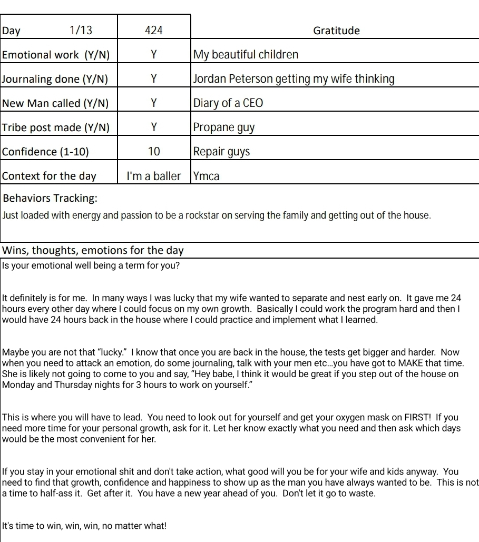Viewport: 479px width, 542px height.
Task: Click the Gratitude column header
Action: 336,31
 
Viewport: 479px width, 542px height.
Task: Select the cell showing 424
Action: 153,31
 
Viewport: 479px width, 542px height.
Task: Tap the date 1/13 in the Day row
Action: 81,31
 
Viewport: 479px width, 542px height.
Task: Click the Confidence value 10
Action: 153,152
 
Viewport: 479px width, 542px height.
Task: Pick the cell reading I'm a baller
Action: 153,176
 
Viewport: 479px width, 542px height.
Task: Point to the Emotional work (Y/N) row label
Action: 59,55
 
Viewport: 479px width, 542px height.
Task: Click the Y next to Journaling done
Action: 153,79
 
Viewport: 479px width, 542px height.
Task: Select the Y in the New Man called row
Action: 153,103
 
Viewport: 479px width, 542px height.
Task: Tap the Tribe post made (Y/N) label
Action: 56,127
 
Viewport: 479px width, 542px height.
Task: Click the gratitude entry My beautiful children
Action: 246,55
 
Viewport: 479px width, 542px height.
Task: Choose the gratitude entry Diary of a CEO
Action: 228,103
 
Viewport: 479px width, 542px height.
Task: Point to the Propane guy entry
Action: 224,127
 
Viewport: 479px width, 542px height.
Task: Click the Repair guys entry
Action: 221,152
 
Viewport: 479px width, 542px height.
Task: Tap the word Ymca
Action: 206,176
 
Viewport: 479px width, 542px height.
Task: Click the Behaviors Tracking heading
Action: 50,199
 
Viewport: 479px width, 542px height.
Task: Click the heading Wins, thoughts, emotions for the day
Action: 93,251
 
